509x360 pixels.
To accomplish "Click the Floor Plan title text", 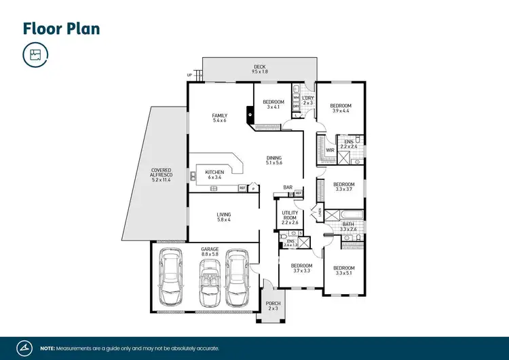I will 61,28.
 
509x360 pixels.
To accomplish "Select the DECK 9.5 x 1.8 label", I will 260,69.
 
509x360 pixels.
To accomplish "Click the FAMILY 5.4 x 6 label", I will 219,118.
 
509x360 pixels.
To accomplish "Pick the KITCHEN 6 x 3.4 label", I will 214,175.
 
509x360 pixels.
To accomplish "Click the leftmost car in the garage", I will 170,278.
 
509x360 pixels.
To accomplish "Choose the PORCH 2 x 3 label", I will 273,306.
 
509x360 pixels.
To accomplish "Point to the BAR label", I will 288,187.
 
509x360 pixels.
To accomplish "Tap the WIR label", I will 330,150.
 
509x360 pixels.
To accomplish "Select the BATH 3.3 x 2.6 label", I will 347,226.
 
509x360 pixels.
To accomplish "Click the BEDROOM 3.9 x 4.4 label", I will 341,109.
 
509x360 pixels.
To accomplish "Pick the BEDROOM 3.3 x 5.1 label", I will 343,270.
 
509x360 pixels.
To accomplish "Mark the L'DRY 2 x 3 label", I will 307,102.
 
